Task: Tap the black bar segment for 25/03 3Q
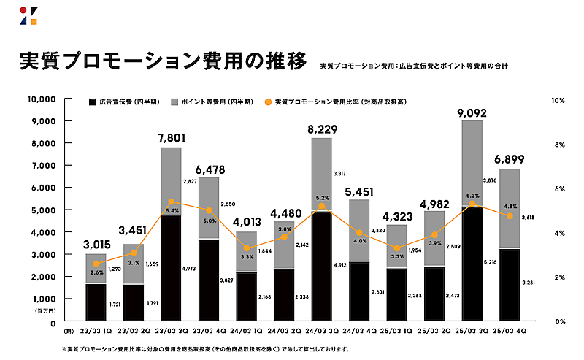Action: [x=472, y=264]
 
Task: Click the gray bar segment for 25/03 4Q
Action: [x=510, y=209]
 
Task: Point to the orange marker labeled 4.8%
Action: [x=510, y=215]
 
